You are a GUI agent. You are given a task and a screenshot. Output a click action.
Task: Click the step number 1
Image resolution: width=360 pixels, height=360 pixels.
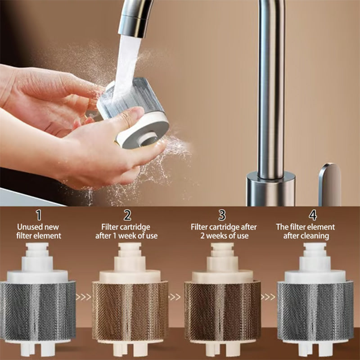tap(39, 215)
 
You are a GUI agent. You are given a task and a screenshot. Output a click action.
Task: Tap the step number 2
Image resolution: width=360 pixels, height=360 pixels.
tap(128, 215)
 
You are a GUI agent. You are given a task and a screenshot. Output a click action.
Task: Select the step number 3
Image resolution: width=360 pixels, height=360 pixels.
tap(222, 215)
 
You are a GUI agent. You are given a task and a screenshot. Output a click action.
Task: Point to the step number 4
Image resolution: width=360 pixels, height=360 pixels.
tap(312, 215)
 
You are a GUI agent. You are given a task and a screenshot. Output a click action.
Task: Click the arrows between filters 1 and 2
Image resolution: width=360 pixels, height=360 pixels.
tap(84, 297)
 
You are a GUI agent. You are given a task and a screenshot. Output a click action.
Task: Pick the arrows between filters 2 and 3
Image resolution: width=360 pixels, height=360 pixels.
tap(175, 297)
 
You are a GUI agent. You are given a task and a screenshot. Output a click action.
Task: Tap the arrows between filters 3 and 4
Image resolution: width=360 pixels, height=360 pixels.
tap(268, 297)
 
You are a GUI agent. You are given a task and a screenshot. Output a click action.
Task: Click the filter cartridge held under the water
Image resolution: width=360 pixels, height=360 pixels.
tap(133, 112)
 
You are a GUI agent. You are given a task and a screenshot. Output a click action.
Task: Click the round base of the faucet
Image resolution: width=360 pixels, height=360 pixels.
tap(271, 189)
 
